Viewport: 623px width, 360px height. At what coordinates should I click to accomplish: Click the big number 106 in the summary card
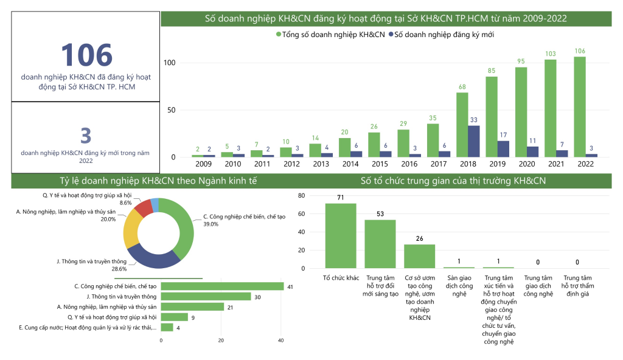(x=86, y=55)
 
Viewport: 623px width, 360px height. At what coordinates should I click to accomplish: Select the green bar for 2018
(x=462, y=125)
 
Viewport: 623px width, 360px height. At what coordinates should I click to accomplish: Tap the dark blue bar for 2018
(x=474, y=141)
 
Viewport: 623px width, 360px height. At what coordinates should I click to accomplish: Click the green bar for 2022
(x=580, y=106)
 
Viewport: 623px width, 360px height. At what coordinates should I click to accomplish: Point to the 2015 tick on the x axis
(x=380, y=164)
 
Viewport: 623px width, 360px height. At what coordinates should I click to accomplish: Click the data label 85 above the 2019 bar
(x=492, y=71)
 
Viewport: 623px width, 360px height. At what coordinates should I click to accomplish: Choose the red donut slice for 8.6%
(x=144, y=208)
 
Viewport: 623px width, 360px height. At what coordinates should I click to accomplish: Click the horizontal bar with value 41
(x=222, y=286)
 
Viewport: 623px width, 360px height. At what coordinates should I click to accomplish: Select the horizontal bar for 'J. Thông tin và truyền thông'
(x=206, y=296)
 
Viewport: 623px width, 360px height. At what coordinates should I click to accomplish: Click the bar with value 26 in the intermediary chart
(x=420, y=256)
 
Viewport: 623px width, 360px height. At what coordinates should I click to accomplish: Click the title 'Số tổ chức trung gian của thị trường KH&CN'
(x=453, y=181)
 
